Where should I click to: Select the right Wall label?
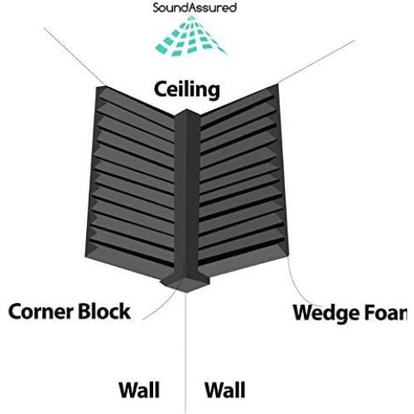pos(224,388)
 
